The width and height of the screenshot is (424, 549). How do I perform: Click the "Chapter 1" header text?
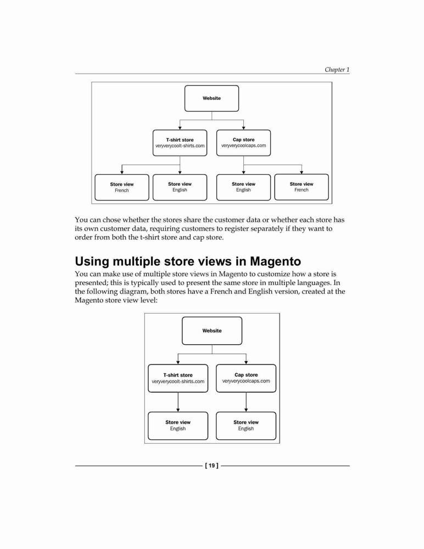click(337, 69)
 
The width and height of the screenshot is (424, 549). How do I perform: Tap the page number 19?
click(211, 466)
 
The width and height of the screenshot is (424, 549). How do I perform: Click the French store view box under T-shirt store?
click(122, 187)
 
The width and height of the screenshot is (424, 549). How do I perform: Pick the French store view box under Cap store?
click(302, 187)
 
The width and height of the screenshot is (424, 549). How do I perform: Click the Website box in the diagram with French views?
click(211, 98)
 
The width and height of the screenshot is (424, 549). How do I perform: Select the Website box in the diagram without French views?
click(212, 331)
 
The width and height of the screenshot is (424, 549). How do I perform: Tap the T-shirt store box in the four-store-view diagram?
click(180, 143)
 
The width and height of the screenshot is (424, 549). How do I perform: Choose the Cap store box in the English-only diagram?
click(246, 378)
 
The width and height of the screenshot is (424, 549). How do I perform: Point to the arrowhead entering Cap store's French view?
click(302, 172)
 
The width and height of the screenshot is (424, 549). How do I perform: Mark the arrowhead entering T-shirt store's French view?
click(122, 172)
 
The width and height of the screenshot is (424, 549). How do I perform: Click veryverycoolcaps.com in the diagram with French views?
click(243, 145)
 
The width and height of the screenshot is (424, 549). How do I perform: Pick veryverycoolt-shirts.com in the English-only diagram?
click(178, 382)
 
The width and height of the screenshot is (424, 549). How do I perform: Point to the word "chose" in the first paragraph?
click(111, 220)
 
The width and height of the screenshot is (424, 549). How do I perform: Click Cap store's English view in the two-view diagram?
click(246, 426)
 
